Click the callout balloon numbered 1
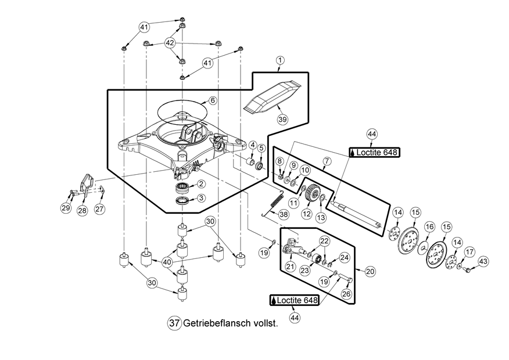pyautogui.click(x=280, y=60)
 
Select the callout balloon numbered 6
pyautogui.click(x=213, y=100)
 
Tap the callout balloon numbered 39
pyautogui.click(x=282, y=118)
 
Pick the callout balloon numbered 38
pyautogui.click(x=283, y=214)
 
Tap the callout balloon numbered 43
pyautogui.click(x=482, y=262)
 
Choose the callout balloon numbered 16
pyautogui.click(x=429, y=226)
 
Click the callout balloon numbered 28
pyautogui.click(x=82, y=210)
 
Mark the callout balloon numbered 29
pyautogui.click(x=65, y=207)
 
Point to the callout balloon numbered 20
pyautogui.click(x=369, y=271)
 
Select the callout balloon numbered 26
pyautogui.click(x=346, y=294)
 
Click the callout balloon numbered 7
pyautogui.click(x=327, y=160)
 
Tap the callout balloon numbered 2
pyautogui.click(x=200, y=183)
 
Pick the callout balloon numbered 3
pyautogui.click(x=200, y=197)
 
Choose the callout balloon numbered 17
pyautogui.click(x=469, y=251)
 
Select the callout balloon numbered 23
pyautogui.click(x=304, y=269)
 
